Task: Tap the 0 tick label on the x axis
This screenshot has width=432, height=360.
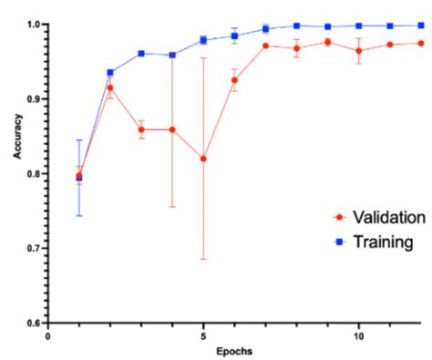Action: (x=48, y=334)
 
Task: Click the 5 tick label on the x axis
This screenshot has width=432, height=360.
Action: (x=203, y=334)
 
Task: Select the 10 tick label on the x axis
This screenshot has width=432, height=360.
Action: (x=358, y=334)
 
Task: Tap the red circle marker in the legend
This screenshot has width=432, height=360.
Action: (x=340, y=218)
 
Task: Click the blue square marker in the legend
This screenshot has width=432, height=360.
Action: (x=340, y=242)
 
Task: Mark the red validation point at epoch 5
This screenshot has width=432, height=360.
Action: (x=203, y=159)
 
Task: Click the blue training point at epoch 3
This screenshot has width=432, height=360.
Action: (x=141, y=54)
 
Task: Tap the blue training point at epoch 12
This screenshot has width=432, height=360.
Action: (x=420, y=26)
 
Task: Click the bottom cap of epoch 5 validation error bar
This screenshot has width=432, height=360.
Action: (x=203, y=259)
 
